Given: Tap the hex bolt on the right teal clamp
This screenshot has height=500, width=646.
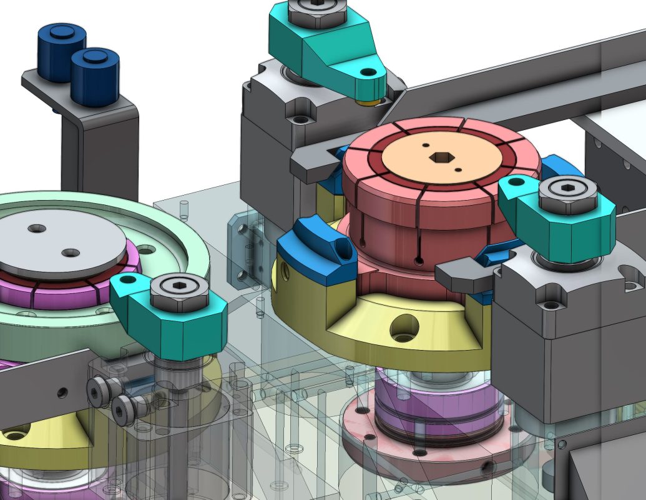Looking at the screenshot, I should [x=567, y=196].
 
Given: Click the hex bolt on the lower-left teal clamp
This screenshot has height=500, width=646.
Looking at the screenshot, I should [x=180, y=291].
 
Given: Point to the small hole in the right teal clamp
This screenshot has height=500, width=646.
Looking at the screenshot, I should [x=517, y=184].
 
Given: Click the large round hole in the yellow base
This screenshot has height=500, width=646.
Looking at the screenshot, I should [x=404, y=327].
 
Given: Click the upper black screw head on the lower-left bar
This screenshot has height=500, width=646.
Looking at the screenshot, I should [x=97, y=392].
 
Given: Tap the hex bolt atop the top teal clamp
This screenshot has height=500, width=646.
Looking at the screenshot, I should [x=318, y=12].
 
